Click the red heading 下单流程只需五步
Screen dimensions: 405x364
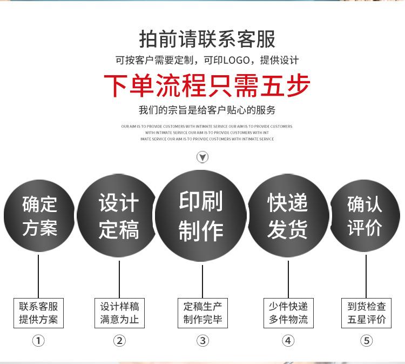click(x=207, y=85)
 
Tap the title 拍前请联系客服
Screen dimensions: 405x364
click(x=207, y=39)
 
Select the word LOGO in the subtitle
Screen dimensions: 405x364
click(x=238, y=60)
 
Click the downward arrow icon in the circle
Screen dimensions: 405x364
click(x=202, y=157)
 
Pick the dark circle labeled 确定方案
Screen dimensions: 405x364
click(x=39, y=216)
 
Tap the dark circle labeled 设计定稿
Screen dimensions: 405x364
click(x=118, y=216)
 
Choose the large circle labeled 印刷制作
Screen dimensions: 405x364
click(x=201, y=215)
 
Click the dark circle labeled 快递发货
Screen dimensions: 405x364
click(x=288, y=215)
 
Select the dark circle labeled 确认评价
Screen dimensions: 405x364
click(x=364, y=215)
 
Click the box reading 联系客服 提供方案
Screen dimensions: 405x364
click(x=38, y=313)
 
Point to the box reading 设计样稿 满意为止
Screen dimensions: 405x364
click(x=119, y=313)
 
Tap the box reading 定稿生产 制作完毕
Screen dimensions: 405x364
click(x=202, y=313)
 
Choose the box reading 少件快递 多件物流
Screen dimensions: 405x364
click(x=288, y=313)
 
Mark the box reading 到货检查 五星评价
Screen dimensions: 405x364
click(x=367, y=313)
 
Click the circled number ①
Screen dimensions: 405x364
click(x=38, y=341)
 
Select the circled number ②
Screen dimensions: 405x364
click(x=119, y=341)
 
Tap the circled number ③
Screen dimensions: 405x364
click(x=202, y=341)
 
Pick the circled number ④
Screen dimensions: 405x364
click(x=288, y=341)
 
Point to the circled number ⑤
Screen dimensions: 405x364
click(x=367, y=341)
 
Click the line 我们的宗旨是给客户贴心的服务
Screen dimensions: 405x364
click(x=207, y=110)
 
